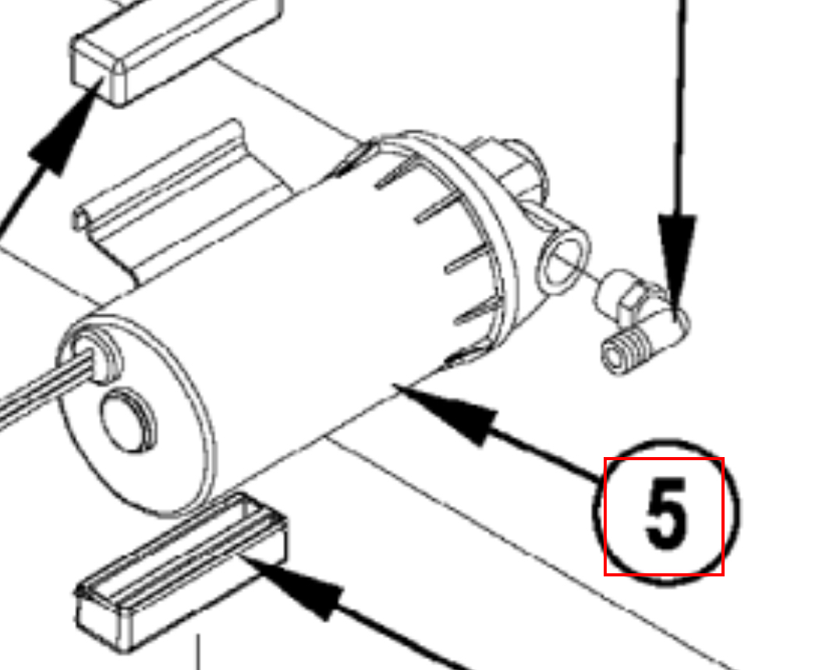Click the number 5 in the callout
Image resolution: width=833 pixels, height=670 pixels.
[665, 512]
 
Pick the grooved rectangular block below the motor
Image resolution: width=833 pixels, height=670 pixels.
[181, 571]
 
